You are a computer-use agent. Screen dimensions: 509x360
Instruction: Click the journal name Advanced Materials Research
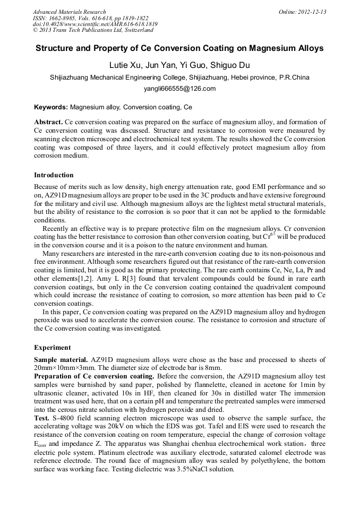click(69, 12)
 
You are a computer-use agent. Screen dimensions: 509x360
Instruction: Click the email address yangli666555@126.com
click(179, 89)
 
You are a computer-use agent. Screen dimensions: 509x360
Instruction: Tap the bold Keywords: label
click(51, 107)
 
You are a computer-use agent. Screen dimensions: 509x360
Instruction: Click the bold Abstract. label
click(48, 122)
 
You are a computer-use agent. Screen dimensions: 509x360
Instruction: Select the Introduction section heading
click(54, 175)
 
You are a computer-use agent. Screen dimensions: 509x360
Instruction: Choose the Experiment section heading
click(52, 348)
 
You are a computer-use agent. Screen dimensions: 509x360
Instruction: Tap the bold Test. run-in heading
click(42, 418)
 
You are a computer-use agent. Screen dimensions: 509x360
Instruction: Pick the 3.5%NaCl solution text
click(204, 470)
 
